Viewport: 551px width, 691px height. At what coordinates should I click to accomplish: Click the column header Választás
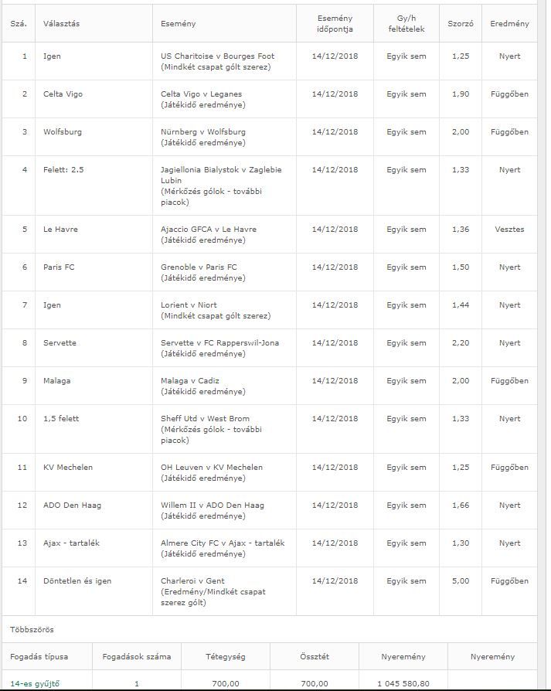pyautogui.click(x=62, y=24)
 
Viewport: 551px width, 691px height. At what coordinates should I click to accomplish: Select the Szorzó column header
pyautogui.click(x=461, y=24)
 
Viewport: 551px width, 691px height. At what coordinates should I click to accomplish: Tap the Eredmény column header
pyautogui.click(x=509, y=24)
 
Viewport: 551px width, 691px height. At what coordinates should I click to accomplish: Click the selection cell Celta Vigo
pyautogui.click(x=63, y=94)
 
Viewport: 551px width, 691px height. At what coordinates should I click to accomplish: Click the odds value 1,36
pyautogui.click(x=460, y=230)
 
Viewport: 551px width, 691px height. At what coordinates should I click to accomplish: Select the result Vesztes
pyautogui.click(x=509, y=230)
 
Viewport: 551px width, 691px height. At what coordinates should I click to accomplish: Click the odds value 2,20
pyautogui.click(x=460, y=343)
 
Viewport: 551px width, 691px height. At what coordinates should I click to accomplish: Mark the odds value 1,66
pyautogui.click(x=460, y=505)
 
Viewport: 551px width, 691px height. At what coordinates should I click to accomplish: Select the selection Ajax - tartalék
pyautogui.click(x=71, y=543)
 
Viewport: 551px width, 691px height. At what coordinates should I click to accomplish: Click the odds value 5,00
pyautogui.click(x=460, y=581)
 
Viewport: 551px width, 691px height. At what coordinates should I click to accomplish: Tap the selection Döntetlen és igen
pyautogui.click(x=77, y=581)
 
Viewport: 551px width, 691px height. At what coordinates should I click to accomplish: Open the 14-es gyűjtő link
pyautogui.click(x=35, y=683)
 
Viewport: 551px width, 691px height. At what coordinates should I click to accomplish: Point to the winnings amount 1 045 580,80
pyautogui.click(x=403, y=683)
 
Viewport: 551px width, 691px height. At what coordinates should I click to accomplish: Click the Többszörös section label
pyautogui.click(x=32, y=630)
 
